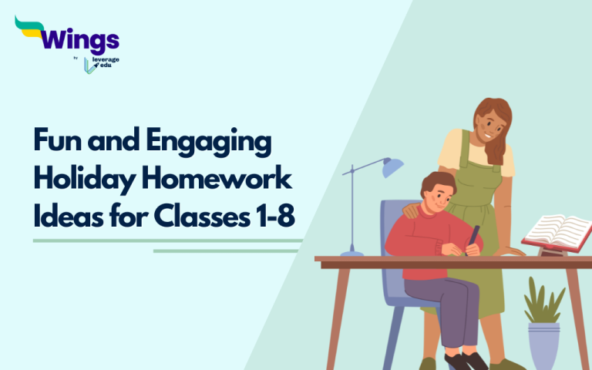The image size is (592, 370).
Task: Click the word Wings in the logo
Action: click(81, 39)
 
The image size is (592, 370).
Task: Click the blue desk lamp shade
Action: click(392, 166)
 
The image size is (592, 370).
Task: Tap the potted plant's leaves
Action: click(543, 301)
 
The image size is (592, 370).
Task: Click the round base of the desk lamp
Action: click(351, 252)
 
